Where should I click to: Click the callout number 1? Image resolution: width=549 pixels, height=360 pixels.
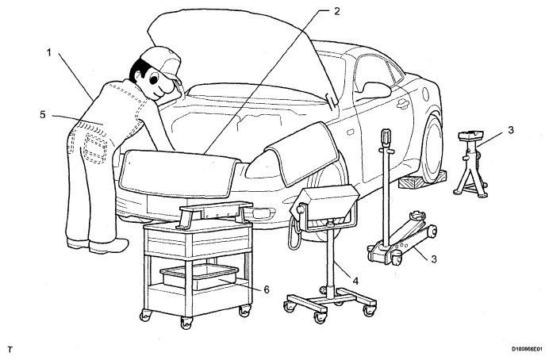click(x=49, y=53)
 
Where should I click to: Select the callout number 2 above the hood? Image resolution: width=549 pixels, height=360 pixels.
click(x=337, y=11)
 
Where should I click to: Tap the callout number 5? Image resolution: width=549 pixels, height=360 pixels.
click(x=43, y=115)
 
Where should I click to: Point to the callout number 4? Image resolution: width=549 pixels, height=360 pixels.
click(x=355, y=281)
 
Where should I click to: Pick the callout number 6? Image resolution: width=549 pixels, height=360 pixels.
click(x=267, y=289)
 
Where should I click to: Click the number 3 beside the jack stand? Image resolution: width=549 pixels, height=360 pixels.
click(x=511, y=130)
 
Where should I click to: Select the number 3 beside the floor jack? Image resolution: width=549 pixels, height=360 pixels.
click(x=434, y=259)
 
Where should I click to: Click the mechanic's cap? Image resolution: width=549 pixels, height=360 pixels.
click(x=162, y=63)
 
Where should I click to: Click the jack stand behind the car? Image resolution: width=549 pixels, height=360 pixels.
click(x=470, y=163)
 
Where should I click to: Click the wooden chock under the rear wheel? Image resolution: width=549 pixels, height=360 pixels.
click(x=424, y=178)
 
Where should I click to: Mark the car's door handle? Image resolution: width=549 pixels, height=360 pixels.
click(x=402, y=103)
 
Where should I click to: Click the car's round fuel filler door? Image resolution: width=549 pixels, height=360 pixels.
click(x=426, y=94)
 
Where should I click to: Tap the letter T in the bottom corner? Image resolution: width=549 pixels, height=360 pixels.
click(x=10, y=350)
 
